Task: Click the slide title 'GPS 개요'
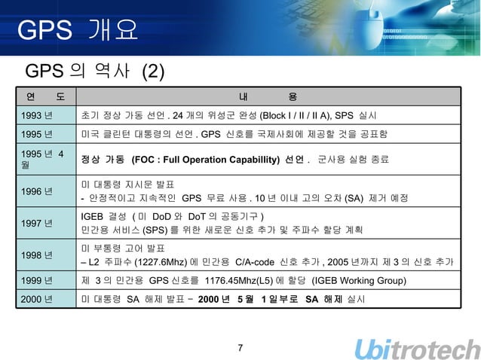[78, 31]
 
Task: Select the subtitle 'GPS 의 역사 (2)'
[95, 72]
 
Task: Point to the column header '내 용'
[268, 96]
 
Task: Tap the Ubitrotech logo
[417, 348]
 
